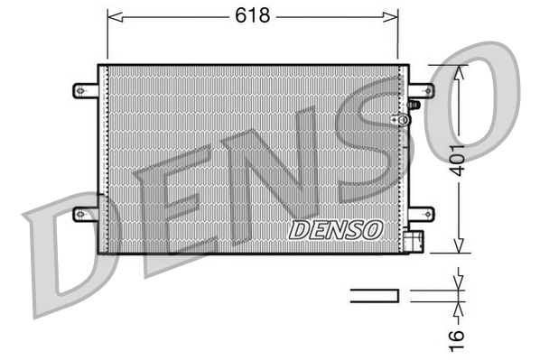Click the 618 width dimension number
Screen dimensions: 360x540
click(254, 15)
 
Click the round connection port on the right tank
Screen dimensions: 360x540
click(395, 119)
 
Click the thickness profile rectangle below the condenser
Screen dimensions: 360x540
click(373, 293)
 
